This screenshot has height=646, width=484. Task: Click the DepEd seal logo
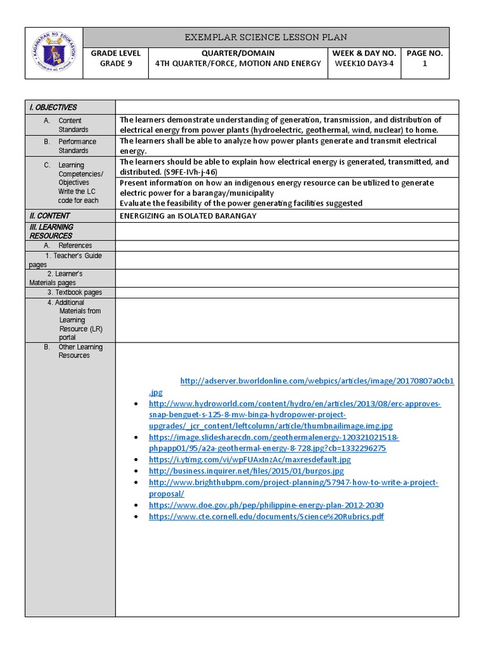54,53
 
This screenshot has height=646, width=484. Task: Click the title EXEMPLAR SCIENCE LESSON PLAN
265,37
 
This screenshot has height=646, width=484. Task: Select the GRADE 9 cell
115,63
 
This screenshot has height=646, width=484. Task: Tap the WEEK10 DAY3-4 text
365,63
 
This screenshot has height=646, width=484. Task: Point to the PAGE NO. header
424,53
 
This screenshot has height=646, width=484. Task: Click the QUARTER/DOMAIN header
238,53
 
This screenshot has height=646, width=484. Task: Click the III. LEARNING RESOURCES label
51,231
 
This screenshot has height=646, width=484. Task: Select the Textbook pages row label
74,292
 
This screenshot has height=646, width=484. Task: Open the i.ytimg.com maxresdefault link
250,459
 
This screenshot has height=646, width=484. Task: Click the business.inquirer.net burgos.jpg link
246,471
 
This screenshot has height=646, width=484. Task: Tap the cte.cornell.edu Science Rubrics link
266,517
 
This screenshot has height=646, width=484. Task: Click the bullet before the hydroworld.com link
137,404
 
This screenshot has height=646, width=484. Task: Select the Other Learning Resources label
80,351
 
